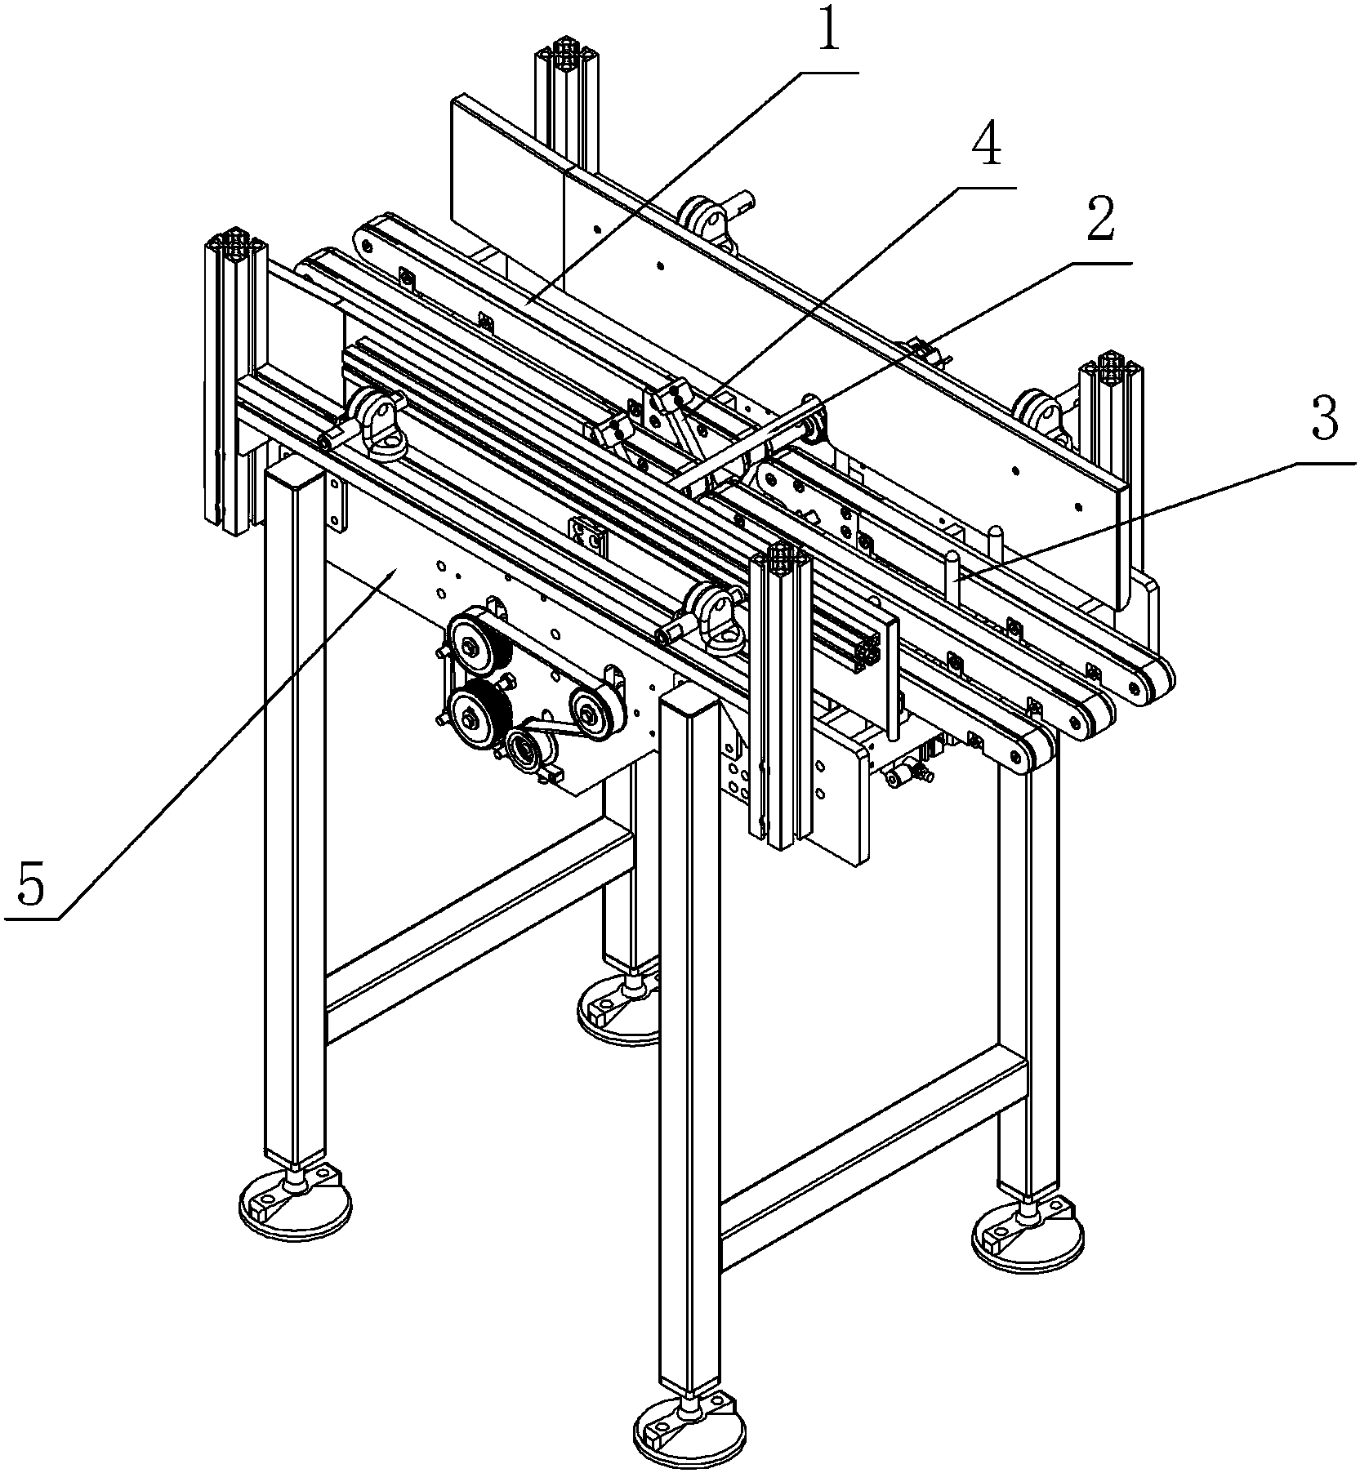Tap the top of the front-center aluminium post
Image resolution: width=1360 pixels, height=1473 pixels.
[x=780, y=558]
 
